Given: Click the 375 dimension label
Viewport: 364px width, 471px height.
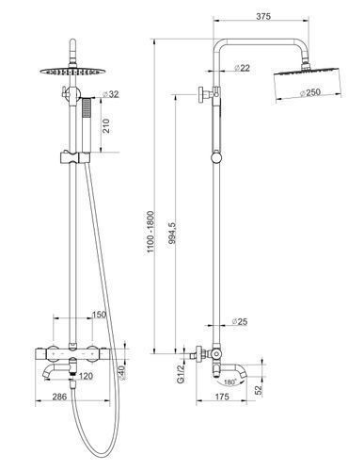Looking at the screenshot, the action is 263,16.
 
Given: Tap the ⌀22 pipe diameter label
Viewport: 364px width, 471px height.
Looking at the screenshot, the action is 242,68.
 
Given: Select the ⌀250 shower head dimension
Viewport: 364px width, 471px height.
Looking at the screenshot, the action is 309,92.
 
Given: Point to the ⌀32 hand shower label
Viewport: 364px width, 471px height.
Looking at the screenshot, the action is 111,94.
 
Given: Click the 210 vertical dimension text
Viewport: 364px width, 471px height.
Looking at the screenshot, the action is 106,125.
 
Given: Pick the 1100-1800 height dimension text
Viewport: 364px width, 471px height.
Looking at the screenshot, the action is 150,233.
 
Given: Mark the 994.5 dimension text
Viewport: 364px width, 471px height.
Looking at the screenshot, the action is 172,235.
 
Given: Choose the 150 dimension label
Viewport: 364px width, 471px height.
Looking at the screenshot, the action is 99,315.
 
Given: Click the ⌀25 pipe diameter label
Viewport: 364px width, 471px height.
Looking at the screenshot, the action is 240,321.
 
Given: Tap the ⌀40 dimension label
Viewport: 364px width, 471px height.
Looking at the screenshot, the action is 122,373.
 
